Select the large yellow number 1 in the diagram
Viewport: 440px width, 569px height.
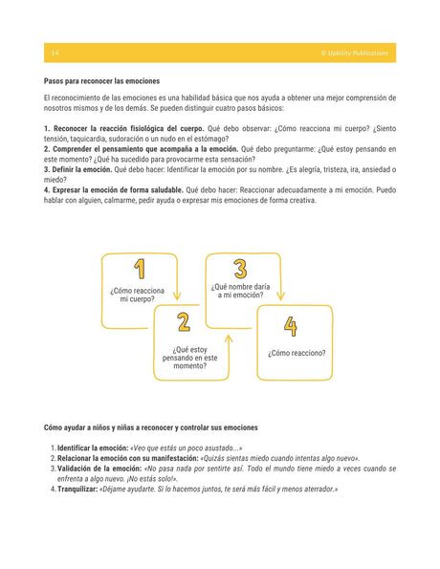140,271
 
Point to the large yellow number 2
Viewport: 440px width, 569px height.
183,322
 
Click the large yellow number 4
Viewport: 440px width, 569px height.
291,327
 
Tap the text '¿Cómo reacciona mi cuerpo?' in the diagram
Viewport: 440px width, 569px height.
138,294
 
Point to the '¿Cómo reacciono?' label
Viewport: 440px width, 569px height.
297,353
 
